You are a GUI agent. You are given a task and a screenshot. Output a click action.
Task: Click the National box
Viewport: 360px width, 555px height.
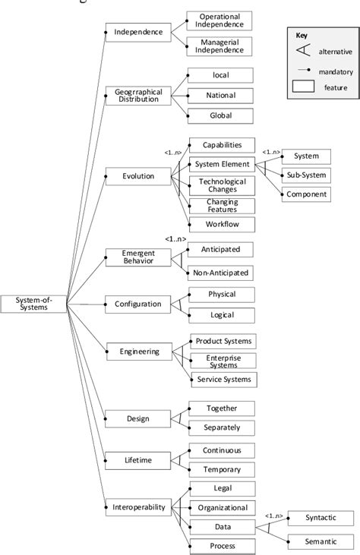coord(220,96)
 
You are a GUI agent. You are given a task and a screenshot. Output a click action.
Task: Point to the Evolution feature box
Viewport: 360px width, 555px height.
coord(138,176)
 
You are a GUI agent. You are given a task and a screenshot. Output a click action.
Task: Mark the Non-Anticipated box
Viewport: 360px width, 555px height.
coord(220,273)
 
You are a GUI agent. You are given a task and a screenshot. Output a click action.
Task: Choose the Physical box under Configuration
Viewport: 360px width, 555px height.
coord(220,294)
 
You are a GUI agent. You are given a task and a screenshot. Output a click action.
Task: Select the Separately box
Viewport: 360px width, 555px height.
coord(221,427)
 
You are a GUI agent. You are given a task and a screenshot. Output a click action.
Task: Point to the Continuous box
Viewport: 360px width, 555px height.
coord(221,450)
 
